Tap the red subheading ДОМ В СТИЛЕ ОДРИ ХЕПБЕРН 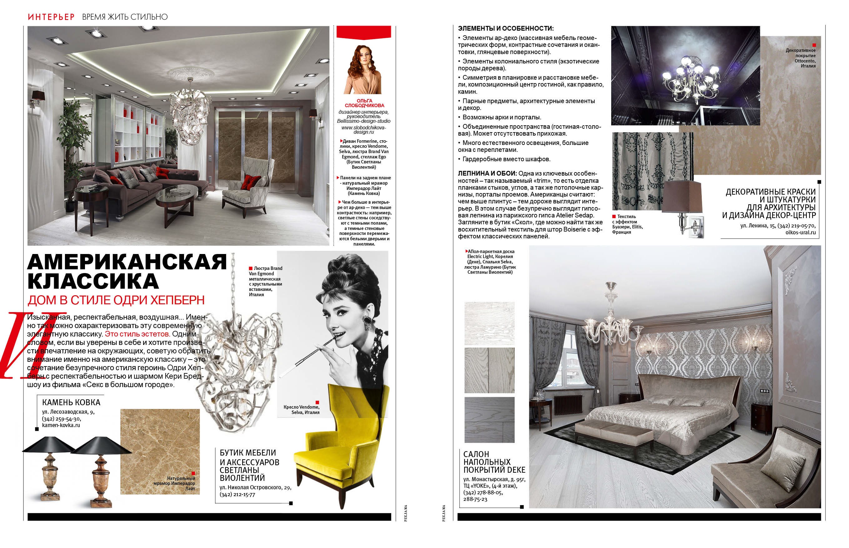[x=116, y=300]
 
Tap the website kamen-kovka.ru [x=61, y=425]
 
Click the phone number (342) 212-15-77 [x=237, y=494]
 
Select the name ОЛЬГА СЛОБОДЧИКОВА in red [x=364, y=103]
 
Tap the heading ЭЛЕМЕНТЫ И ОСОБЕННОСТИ [x=506, y=28]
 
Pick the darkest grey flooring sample [x=489, y=420]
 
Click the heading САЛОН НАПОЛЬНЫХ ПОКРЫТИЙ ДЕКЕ [x=494, y=462]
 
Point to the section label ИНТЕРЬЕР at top [x=51, y=17]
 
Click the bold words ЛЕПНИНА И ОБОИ [x=487, y=174]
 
